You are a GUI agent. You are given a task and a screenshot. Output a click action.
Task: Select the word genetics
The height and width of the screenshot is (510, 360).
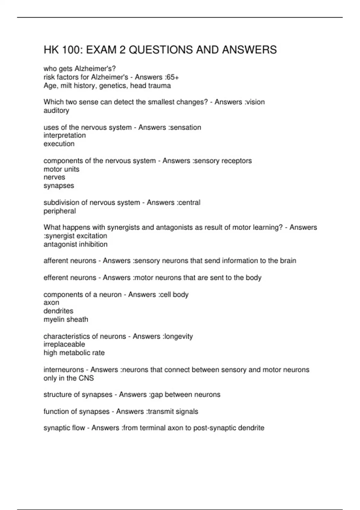pyautogui.click(x=114, y=86)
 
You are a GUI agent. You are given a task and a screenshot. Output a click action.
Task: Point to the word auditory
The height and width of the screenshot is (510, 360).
pyautogui.click(x=56, y=111)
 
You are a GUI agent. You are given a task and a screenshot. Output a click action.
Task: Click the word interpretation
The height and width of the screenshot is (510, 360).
pyautogui.click(x=64, y=136)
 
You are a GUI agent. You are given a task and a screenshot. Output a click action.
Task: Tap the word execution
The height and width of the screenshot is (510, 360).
pyautogui.click(x=59, y=144)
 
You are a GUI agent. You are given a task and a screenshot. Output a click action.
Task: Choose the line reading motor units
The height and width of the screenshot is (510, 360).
pyautogui.click(x=61, y=169)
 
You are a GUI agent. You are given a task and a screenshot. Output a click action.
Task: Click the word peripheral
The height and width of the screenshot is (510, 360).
pyautogui.click(x=60, y=211)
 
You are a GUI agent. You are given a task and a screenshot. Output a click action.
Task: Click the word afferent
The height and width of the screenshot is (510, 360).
pyautogui.click(x=56, y=261)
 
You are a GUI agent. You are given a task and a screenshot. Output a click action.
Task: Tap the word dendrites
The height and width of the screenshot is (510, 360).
pyautogui.click(x=58, y=311)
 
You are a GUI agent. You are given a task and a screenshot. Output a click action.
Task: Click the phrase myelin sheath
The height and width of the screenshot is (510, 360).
pyautogui.click(x=66, y=319)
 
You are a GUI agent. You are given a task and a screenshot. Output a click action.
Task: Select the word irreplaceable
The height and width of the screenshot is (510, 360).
pyautogui.click(x=64, y=344)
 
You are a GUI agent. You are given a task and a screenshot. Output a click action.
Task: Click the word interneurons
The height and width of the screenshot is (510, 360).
pyautogui.click(x=64, y=370)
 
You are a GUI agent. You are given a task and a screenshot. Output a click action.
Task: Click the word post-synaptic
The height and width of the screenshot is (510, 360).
pyautogui.click(x=214, y=428)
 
